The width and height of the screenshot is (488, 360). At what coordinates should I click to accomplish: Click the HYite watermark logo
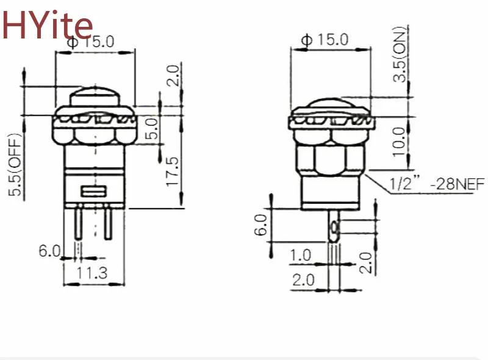tap(48, 24)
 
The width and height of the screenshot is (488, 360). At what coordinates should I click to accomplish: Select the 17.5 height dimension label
tap(173, 171)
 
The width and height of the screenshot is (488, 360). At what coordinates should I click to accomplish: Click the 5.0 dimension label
tap(152, 129)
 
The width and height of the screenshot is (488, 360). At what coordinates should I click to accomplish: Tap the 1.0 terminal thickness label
tap(301, 255)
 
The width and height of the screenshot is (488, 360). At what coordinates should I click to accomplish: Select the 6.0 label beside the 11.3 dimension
tap(49, 250)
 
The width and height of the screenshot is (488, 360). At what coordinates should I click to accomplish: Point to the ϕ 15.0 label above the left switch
tap(91, 42)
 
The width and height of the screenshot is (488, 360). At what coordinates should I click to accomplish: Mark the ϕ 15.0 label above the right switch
tap(326, 40)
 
